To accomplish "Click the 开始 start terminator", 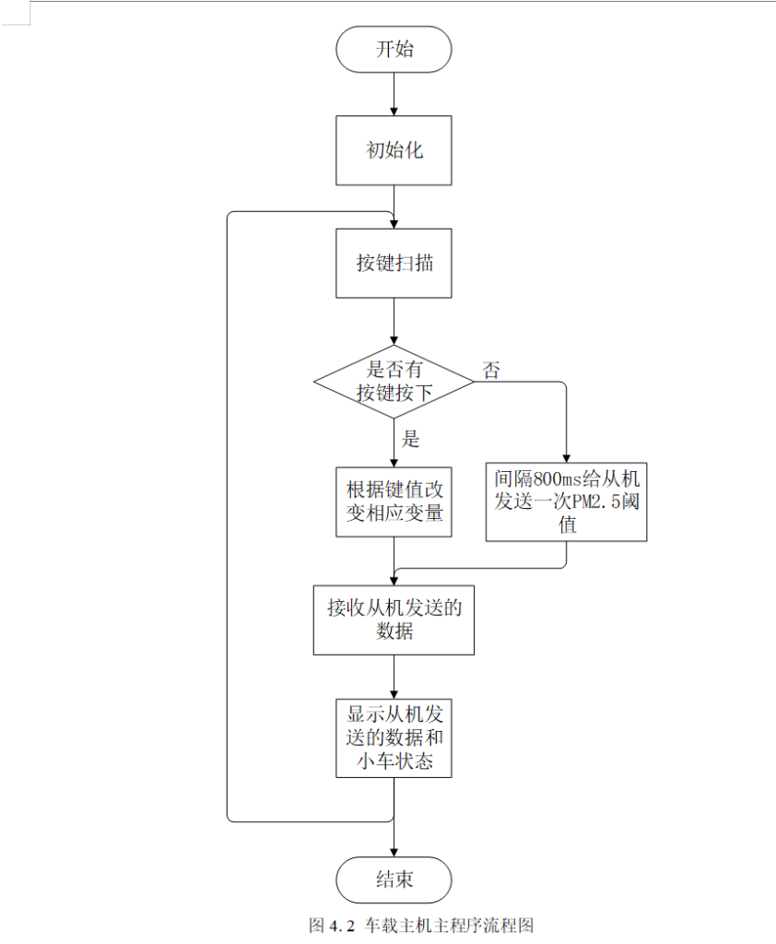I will [x=394, y=50].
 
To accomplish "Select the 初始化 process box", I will [x=394, y=150].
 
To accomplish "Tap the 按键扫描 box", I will [x=394, y=263].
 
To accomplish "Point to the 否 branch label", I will [x=491, y=371].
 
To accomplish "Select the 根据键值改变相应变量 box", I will [x=394, y=501].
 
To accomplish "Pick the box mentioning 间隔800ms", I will [x=567, y=501].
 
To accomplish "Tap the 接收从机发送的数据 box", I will [x=394, y=619].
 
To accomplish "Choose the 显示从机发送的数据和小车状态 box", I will [x=394, y=737].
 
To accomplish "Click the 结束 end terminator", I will [x=394, y=879].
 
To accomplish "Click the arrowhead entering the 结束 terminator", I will [x=394, y=851].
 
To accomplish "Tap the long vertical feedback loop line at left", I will [x=228, y=516].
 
